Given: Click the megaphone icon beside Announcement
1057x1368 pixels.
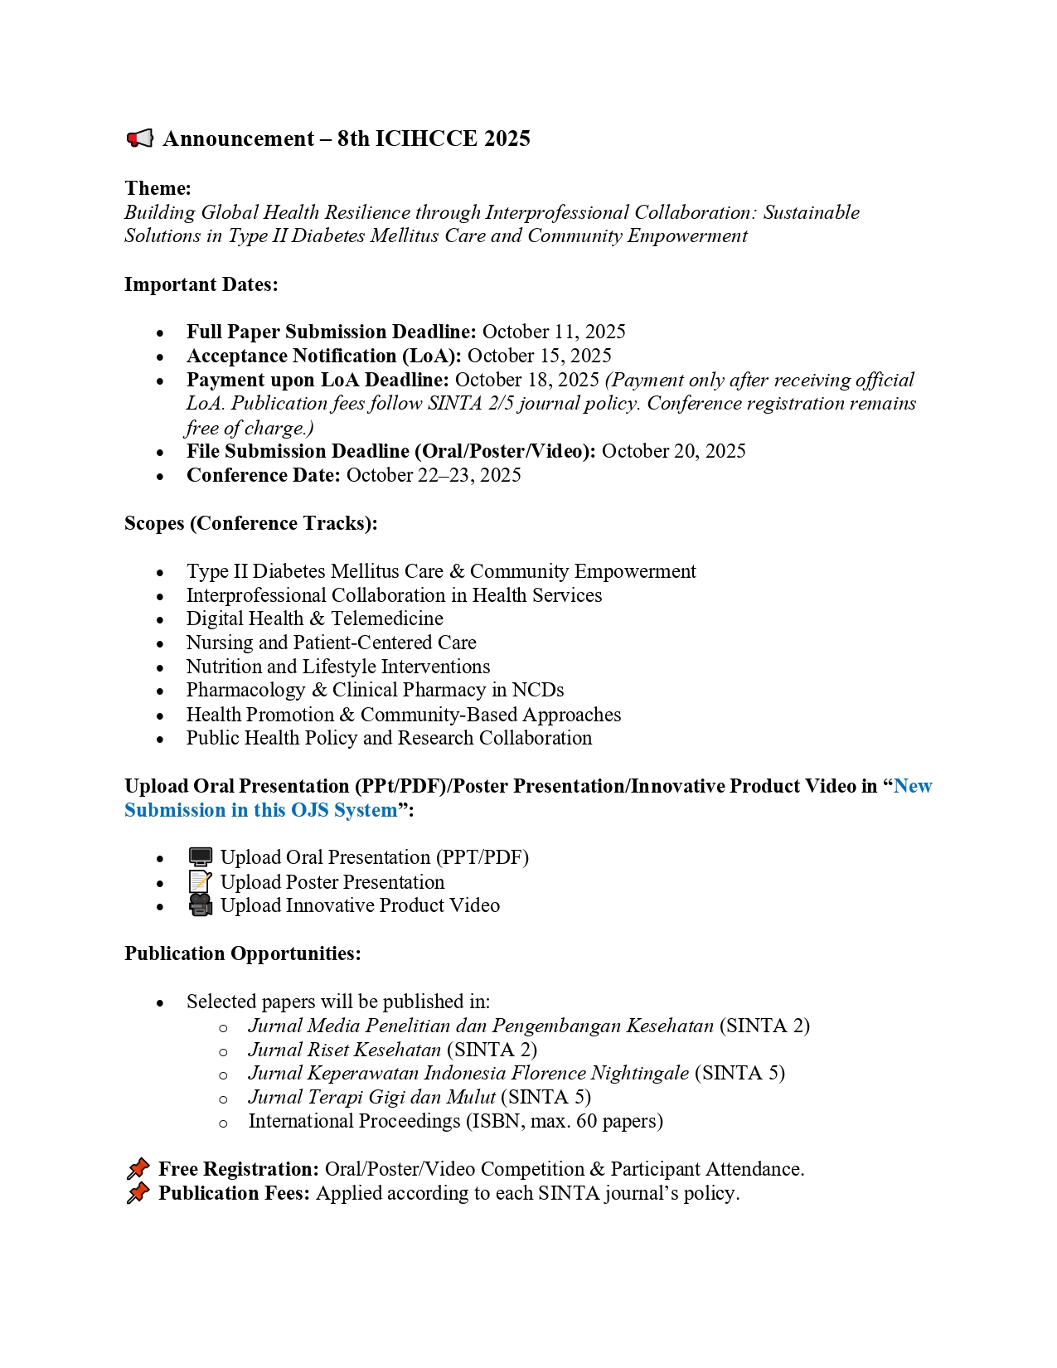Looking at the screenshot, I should [x=140, y=138].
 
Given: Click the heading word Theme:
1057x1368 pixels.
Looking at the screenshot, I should [x=158, y=188].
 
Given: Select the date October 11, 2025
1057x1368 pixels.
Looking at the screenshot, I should [x=554, y=332].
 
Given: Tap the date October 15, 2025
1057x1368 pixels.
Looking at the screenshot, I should [x=539, y=356].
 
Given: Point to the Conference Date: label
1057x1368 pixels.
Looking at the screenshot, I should [x=263, y=475].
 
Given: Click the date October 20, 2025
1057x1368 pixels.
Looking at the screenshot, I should [x=673, y=451].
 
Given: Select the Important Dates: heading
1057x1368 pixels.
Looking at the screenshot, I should [x=201, y=284].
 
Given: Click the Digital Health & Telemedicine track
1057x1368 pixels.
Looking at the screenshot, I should [x=314, y=619].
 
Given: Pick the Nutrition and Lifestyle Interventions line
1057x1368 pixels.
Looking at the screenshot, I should [x=337, y=667].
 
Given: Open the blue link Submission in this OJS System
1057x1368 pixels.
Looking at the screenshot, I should [x=260, y=810].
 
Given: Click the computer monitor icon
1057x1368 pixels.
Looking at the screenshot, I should [x=200, y=857].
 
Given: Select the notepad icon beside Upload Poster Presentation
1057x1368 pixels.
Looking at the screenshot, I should [x=200, y=882].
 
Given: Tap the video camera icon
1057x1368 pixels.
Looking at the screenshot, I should [x=200, y=905].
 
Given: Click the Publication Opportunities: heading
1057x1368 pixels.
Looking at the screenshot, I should [x=243, y=953].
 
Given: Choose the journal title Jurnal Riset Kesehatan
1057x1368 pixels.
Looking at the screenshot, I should [x=344, y=1050].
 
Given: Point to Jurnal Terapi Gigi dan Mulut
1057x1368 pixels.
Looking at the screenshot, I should [x=371, y=1097].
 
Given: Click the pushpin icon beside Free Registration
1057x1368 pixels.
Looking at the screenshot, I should [x=138, y=1169].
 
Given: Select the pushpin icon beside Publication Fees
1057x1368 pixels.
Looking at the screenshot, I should [x=138, y=1193].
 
